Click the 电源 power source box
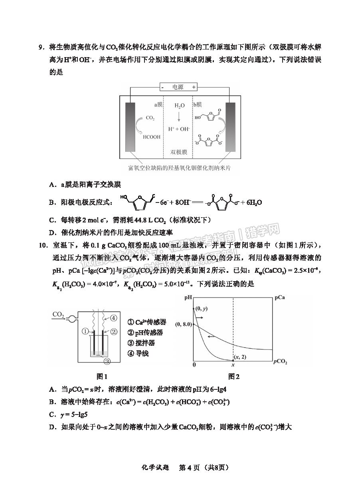178,87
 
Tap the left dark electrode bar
131,127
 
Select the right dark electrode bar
230,127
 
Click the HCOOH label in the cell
151,137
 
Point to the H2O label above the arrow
180,105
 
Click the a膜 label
159,105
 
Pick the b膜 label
198,105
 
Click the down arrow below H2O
179,117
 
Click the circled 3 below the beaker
107,361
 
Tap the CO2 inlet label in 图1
58,315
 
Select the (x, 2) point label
241,357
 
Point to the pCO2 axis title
281,362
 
